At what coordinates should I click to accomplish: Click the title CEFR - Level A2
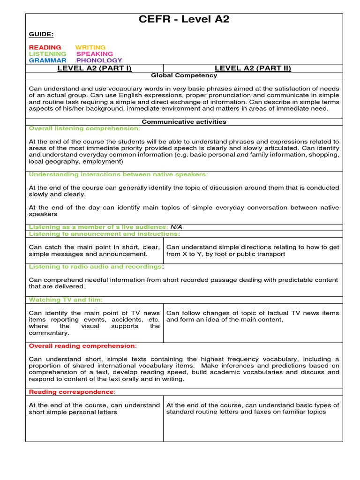[184, 19]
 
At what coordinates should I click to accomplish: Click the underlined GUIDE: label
[41, 34]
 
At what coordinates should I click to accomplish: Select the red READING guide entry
[45, 47]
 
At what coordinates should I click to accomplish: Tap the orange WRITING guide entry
[90, 47]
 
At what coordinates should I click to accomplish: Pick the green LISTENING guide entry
[47, 54]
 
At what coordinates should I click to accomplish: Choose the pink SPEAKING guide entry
[95, 54]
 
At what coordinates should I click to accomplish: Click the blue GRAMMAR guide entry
[47, 60]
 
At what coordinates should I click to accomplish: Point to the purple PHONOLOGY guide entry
[99, 60]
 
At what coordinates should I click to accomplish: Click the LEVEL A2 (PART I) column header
[94, 68]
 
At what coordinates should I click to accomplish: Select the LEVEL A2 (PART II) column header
[253, 68]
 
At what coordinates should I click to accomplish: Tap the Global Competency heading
[184, 75]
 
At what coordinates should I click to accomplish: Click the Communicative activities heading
[184, 121]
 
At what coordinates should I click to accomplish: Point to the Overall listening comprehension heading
[84, 128]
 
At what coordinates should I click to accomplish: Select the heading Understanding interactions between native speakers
[118, 174]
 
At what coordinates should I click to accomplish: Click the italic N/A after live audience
[176, 227]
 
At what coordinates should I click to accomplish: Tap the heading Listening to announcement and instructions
[104, 233]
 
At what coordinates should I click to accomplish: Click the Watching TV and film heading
[65, 300]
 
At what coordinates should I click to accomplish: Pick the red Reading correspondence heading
[72, 391]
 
